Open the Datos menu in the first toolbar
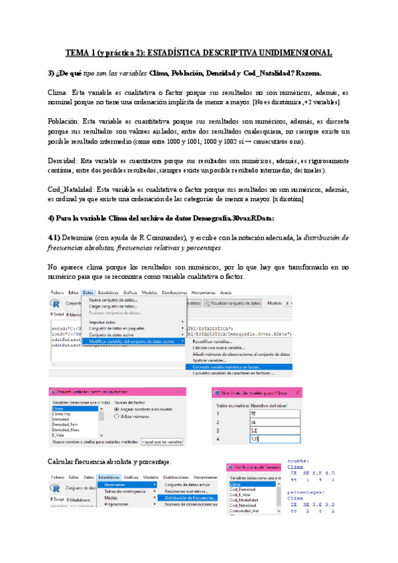pyautogui.click(x=88, y=291)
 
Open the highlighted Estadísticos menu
pyautogui.click(x=108, y=477)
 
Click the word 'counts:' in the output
pyautogui.click(x=300, y=459)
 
